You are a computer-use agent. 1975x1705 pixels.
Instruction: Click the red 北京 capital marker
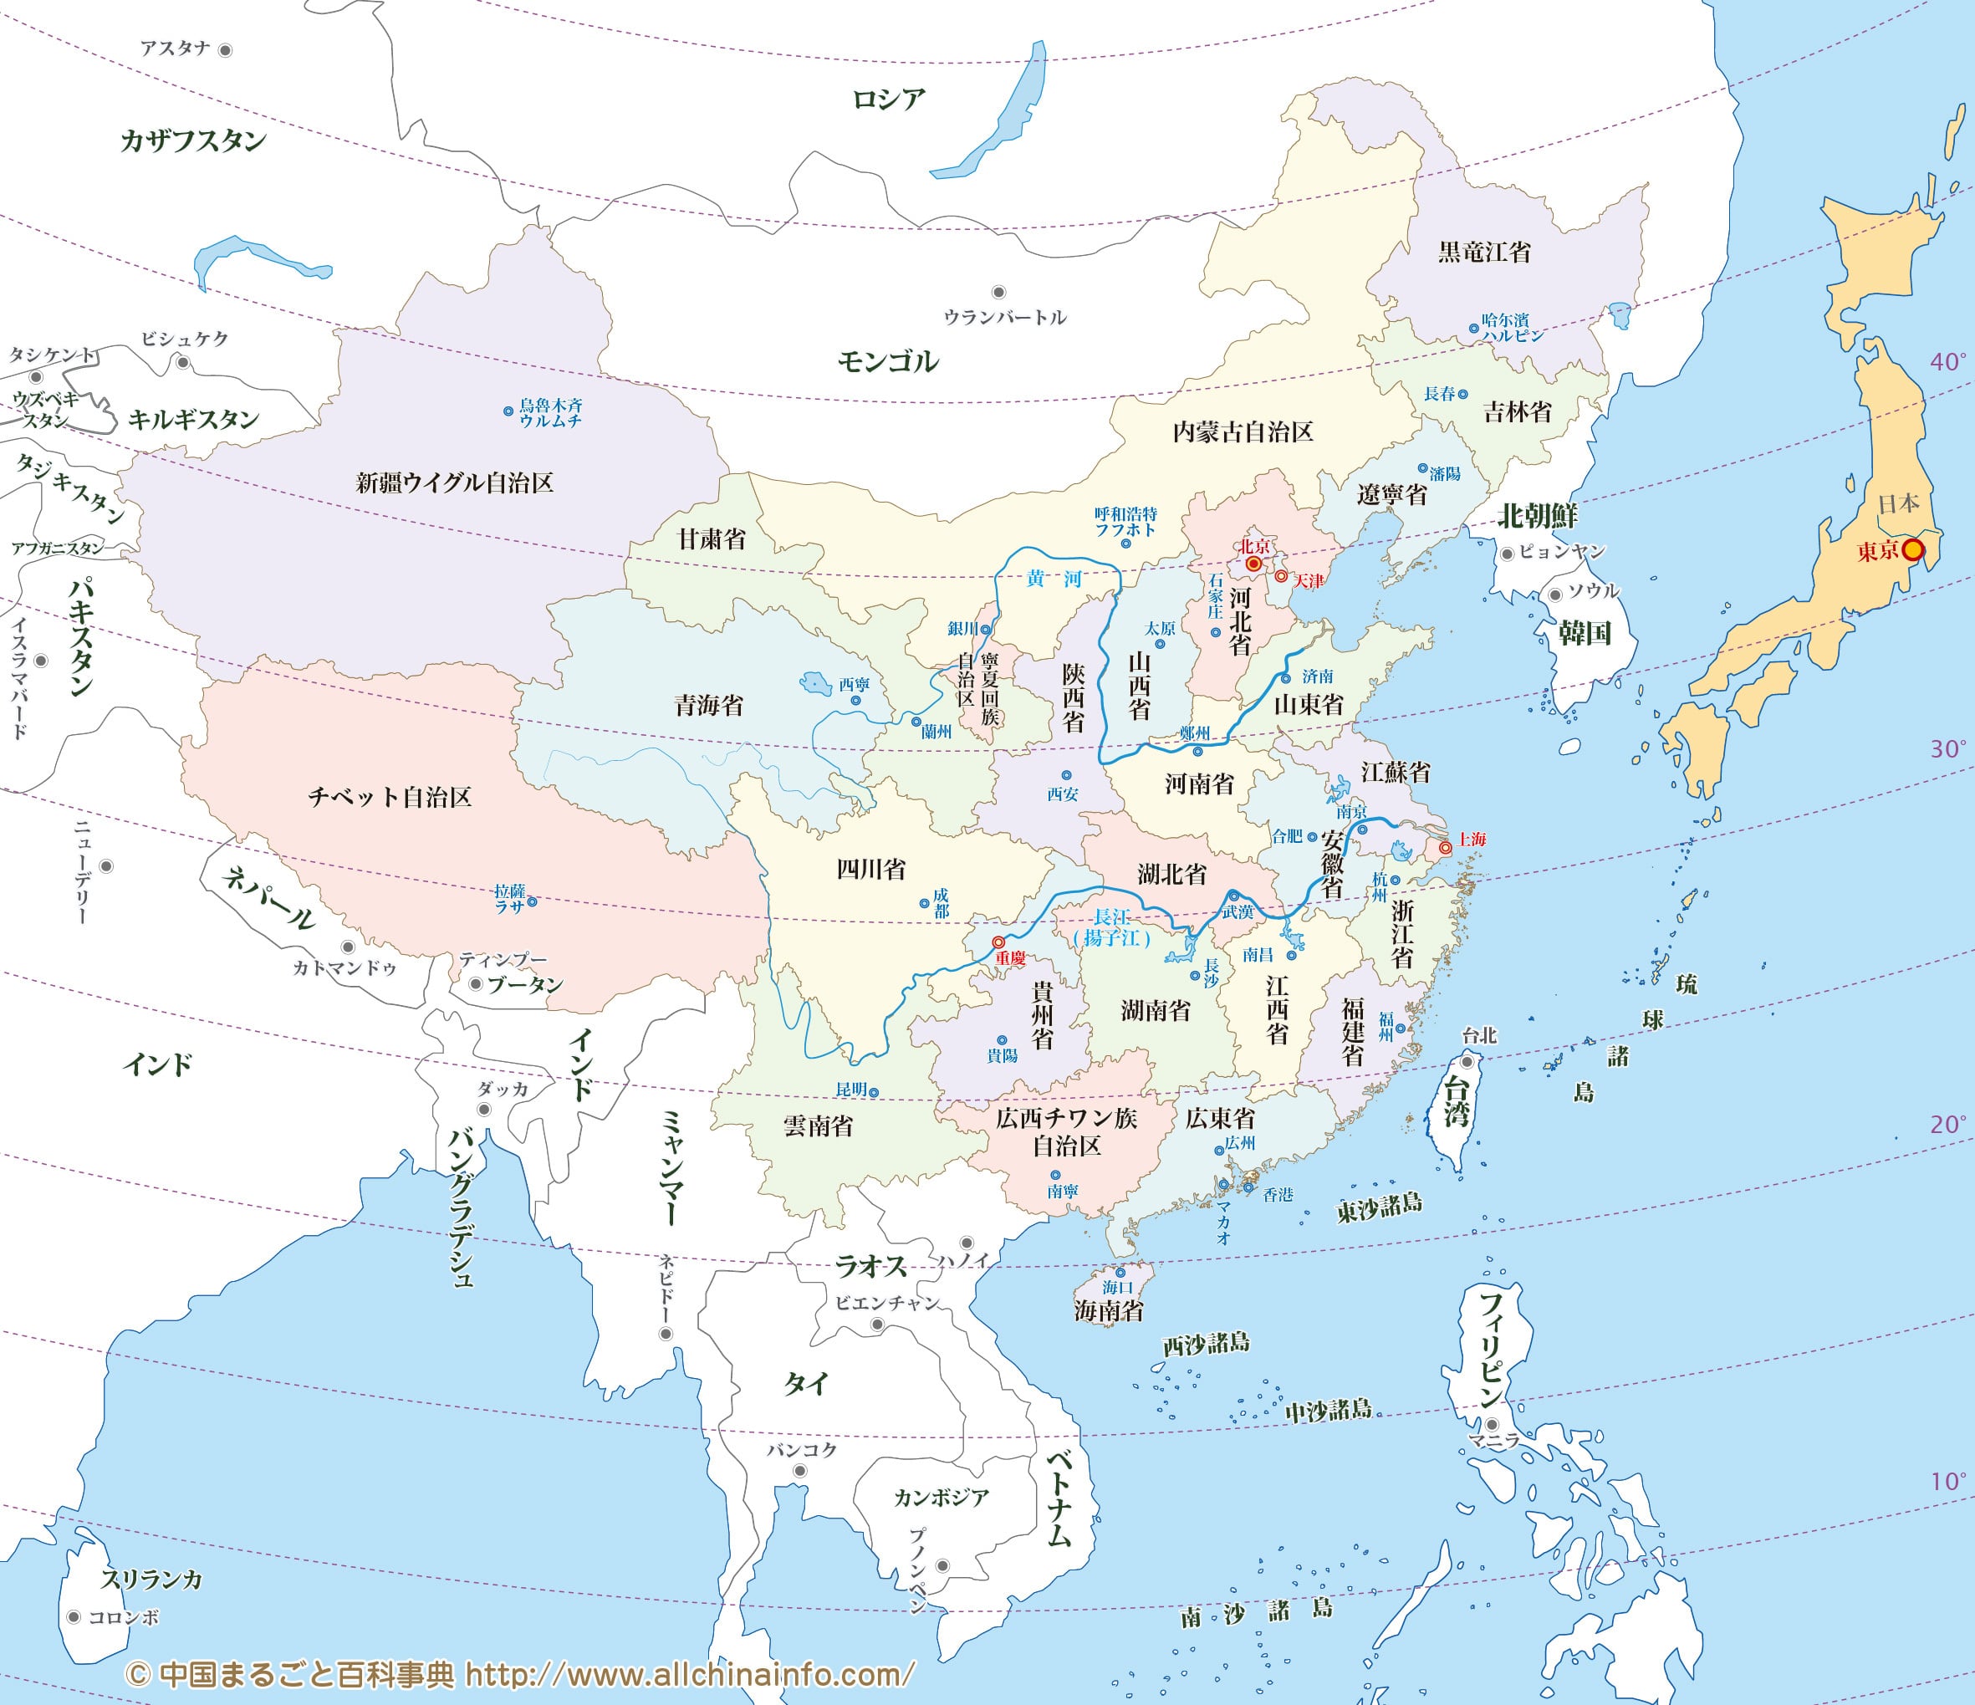(x=1253, y=564)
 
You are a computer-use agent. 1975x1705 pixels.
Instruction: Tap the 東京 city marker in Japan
(x=1912, y=550)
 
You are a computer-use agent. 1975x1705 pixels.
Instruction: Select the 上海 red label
(x=1472, y=839)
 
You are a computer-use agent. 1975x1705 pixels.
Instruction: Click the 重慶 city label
(x=1010, y=957)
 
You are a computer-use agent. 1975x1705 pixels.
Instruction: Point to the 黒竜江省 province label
(x=1484, y=252)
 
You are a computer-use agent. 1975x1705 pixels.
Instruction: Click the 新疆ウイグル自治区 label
(x=455, y=482)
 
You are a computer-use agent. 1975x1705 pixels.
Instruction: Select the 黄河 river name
(x=1054, y=579)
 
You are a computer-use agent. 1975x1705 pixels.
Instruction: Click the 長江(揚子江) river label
(x=1111, y=927)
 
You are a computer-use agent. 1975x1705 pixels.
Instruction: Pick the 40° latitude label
(x=1948, y=361)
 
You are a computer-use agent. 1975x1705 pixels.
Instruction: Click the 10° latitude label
(x=1948, y=1481)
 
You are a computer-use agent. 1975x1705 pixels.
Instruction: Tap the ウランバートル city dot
(x=999, y=293)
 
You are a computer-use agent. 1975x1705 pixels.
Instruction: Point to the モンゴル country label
(x=887, y=361)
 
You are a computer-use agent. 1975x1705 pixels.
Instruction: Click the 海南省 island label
(x=1109, y=1311)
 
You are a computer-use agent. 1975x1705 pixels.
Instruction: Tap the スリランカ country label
(x=152, y=1580)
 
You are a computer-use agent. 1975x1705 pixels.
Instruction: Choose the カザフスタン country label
(x=193, y=141)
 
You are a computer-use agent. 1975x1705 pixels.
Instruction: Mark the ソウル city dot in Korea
(x=1555, y=595)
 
